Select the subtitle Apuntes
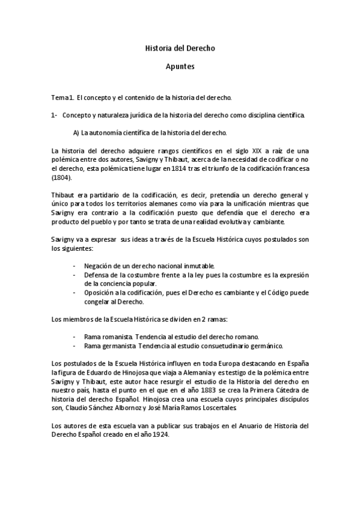click(180, 69)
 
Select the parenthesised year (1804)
click(61, 178)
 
